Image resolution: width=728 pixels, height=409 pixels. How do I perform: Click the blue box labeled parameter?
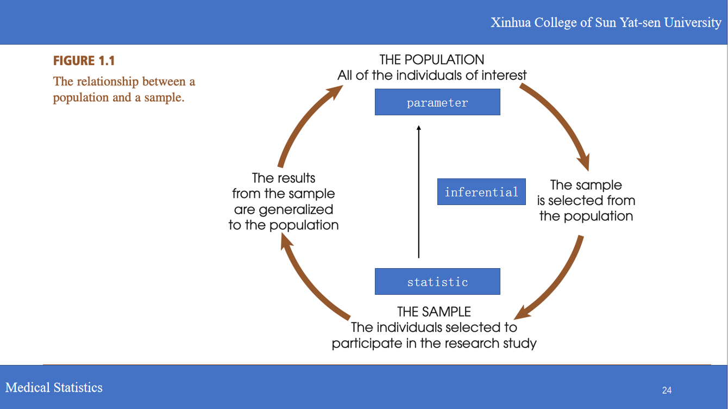point(437,102)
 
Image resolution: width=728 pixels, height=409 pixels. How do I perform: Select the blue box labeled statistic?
point(437,282)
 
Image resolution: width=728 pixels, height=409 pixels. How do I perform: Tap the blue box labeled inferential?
point(481,192)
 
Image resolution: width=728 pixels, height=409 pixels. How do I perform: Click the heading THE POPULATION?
point(432,59)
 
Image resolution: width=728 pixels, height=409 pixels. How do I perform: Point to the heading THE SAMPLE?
point(434,312)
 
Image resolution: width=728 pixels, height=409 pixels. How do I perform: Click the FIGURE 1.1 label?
point(84,61)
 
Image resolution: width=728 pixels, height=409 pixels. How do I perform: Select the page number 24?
point(667,390)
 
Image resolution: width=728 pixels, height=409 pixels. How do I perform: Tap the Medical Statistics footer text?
point(54,387)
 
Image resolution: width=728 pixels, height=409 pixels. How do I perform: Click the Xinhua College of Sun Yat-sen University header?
point(606,22)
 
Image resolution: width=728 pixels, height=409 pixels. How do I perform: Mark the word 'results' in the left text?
point(294,178)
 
